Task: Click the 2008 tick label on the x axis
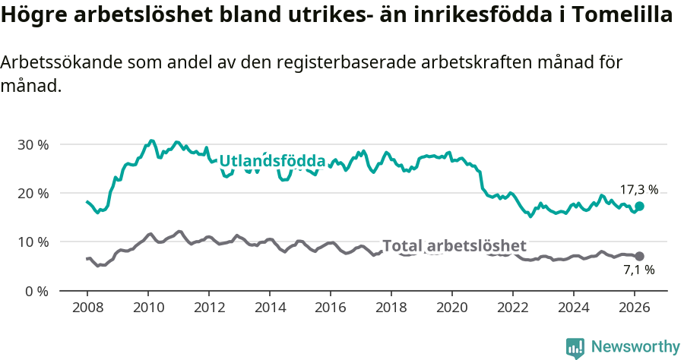pyautogui.click(x=87, y=307)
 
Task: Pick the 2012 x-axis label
pyautogui.click(x=209, y=307)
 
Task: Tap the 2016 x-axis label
pyautogui.click(x=331, y=307)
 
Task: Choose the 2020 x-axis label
pyautogui.click(x=452, y=307)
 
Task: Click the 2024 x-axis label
pyautogui.click(x=574, y=307)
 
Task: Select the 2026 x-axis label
pyautogui.click(x=635, y=307)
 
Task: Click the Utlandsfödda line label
pyautogui.click(x=272, y=161)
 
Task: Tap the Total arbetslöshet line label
pyautogui.click(x=454, y=245)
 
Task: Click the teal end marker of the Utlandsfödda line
pyautogui.click(x=639, y=206)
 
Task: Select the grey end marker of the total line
pyautogui.click(x=639, y=256)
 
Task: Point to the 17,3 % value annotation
pyautogui.click(x=638, y=190)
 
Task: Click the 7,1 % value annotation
pyautogui.click(x=638, y=270)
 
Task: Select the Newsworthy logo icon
pyautogui.click(x=575, y=347)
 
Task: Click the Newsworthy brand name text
pyautogui.click(x=635, y=347)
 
